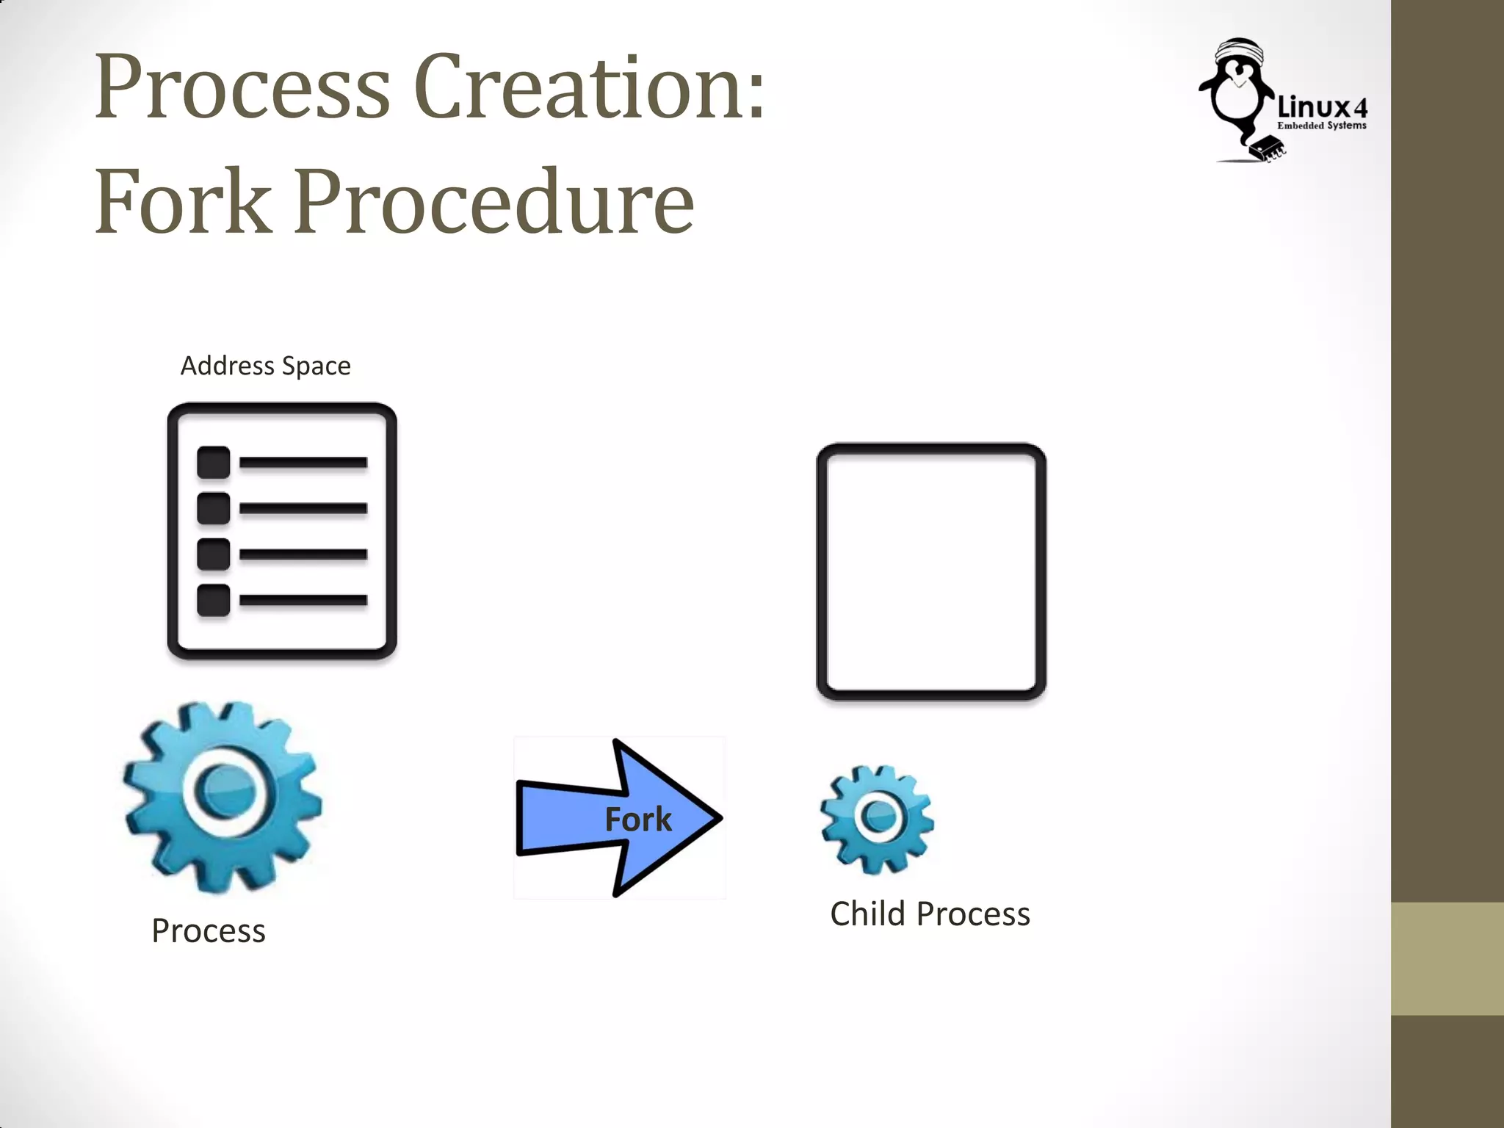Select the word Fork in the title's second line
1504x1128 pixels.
tap(184, 202)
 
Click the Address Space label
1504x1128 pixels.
tap(265, 366)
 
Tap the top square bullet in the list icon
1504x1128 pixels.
tap(214, 463)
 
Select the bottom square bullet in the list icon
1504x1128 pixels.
tap(214, 600)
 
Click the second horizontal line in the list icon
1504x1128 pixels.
tap(303, 508)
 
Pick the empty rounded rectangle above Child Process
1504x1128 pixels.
tap(931, 571)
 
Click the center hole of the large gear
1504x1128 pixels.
tap(227, 792)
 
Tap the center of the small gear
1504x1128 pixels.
tap(878, 817)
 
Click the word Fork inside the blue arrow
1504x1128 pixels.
tap(637, 820)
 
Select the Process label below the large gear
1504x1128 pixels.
tap(209, 931)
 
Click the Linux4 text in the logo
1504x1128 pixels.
tap(1323, 108)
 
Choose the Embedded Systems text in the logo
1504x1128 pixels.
tap(1322, 126)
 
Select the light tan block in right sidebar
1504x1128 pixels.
tap(1447, 958)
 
